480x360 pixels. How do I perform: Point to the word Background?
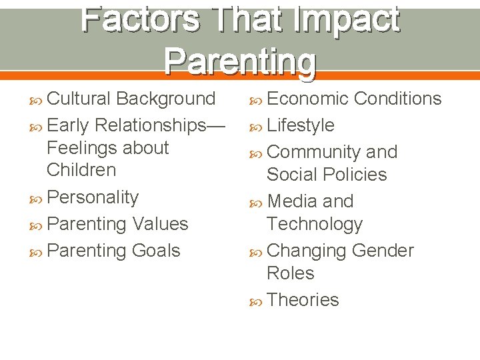[x=165, y=99]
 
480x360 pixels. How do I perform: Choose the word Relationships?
[x=161, y=125]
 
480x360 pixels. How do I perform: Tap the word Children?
[x=81, y=170]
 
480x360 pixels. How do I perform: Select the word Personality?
[x=93, y=198]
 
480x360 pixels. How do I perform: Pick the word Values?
[x=161, y=224]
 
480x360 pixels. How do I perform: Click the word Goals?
[x=155, y=251]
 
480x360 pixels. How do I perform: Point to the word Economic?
[x=307, y=99]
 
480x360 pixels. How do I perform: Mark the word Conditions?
[x=397, y=99]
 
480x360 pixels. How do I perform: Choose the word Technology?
[x=314, y=224]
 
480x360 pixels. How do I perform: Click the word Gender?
[x=382, y=251]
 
